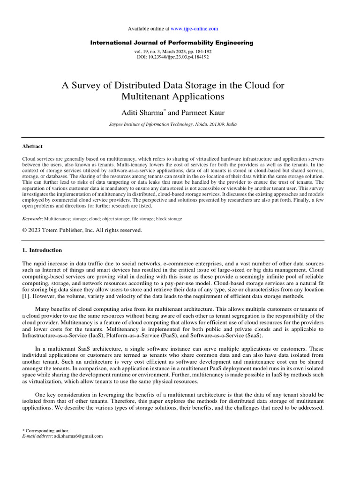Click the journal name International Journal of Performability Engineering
point(172,43)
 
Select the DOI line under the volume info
point(172,57)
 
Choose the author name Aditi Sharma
point(141,112)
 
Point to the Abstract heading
point(32,146)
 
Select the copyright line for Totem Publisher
point(82,230)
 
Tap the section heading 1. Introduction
point(42,250)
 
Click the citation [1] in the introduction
point(27,297)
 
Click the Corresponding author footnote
point(47,430)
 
